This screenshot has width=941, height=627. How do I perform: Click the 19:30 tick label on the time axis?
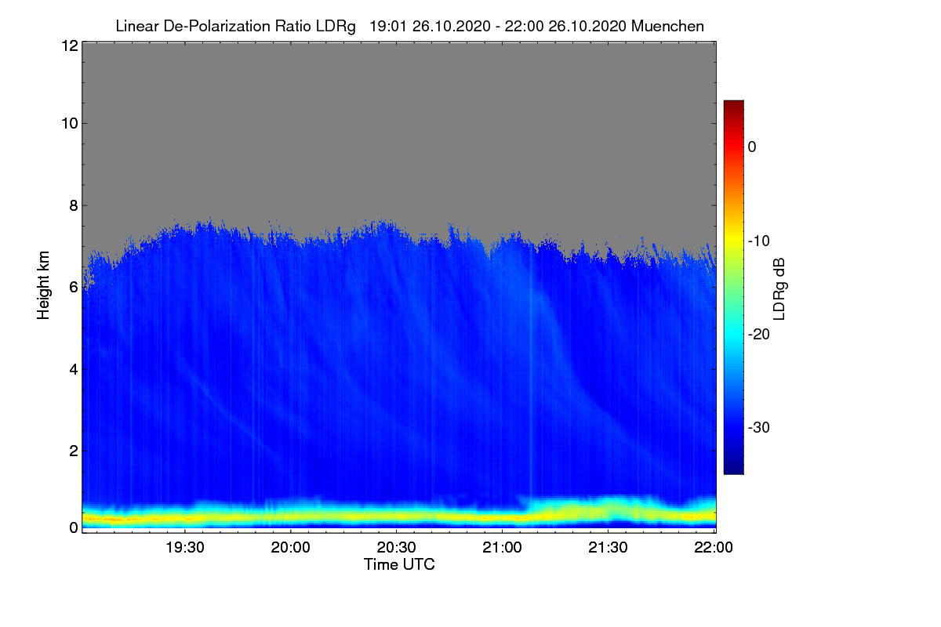point(184,548)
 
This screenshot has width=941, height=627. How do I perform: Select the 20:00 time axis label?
point(291,548)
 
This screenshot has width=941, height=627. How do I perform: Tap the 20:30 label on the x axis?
point(397,548)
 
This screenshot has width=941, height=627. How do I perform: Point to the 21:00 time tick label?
point(503,548)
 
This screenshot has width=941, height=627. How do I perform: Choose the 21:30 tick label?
point(609,548)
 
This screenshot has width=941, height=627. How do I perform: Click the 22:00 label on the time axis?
point(714,548)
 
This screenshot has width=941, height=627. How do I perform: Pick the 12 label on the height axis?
point(68,46)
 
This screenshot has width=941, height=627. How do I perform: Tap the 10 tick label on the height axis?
point(68,123)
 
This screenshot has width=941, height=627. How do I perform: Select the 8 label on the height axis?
point(73,205)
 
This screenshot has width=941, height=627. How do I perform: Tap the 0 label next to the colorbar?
point(753,147)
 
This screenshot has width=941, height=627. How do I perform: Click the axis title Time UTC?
point(399,564)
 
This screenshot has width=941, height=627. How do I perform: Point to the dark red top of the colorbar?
point(733,104)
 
